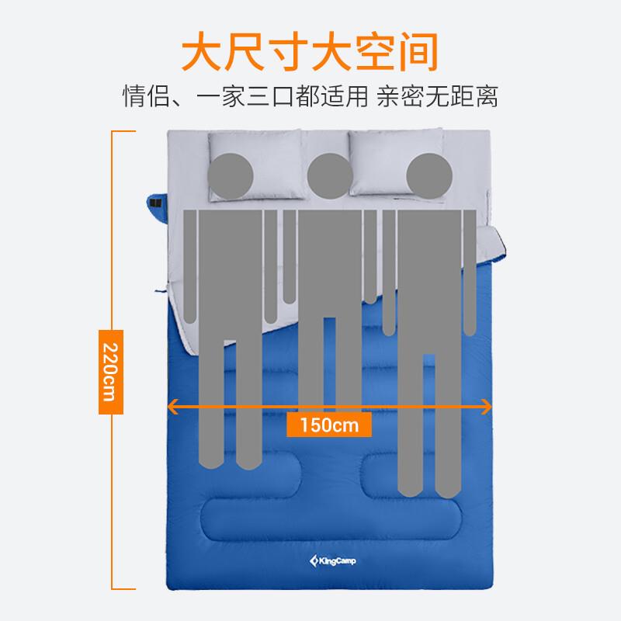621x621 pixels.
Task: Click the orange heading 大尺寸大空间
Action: point(310,51)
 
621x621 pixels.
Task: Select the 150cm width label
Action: point(328,425)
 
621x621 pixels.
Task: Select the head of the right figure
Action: point(428,173)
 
